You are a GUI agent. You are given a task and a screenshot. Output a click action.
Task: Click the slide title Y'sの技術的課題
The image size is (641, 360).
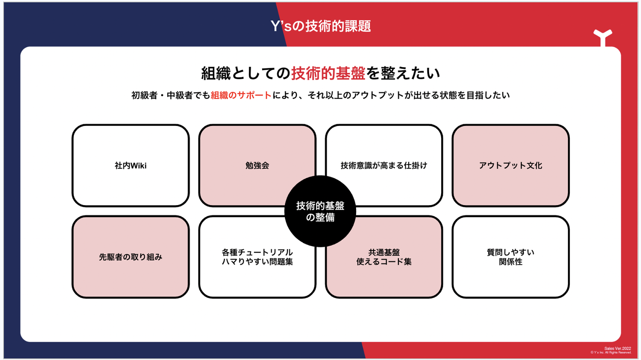(x=320, y=26)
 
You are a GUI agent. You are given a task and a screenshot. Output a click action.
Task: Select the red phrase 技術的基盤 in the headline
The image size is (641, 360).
(x=328, y=73)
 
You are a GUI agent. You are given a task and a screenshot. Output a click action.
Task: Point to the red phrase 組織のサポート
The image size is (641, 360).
(x=241, y=95)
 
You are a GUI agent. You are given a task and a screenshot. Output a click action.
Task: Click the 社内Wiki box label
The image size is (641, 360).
(x=130, y=166)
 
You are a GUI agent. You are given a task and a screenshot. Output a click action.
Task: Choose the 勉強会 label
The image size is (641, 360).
(x=257, y=166)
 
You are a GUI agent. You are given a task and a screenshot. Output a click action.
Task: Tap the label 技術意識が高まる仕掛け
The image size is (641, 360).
(x=384, y=166)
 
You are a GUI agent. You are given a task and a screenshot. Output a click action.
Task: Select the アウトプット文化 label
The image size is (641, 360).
(x=511, y=166)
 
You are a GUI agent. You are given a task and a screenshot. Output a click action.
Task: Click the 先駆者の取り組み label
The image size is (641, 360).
(x=130, y=257)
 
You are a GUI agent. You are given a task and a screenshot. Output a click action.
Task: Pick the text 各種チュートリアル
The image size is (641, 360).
(x=257, y=252)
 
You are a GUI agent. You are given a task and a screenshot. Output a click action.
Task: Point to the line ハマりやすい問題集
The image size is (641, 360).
(x=257, y=262)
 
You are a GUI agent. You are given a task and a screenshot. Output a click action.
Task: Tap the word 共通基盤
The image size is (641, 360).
(x=384, y=252)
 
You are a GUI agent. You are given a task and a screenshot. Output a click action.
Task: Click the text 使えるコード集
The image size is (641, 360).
(x=384, y=262)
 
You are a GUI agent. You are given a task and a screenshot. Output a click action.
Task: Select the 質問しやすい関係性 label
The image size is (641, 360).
(x=511, y=257)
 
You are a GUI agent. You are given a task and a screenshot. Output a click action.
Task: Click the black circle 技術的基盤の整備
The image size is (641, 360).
(x=320, y=211)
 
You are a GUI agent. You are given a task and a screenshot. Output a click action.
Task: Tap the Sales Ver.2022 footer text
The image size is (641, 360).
(x=617, y=348)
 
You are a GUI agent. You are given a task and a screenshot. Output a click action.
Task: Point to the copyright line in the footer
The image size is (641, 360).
(x=611, y=352)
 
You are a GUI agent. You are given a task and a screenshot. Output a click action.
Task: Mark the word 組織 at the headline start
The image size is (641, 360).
(x=216, y=73)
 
